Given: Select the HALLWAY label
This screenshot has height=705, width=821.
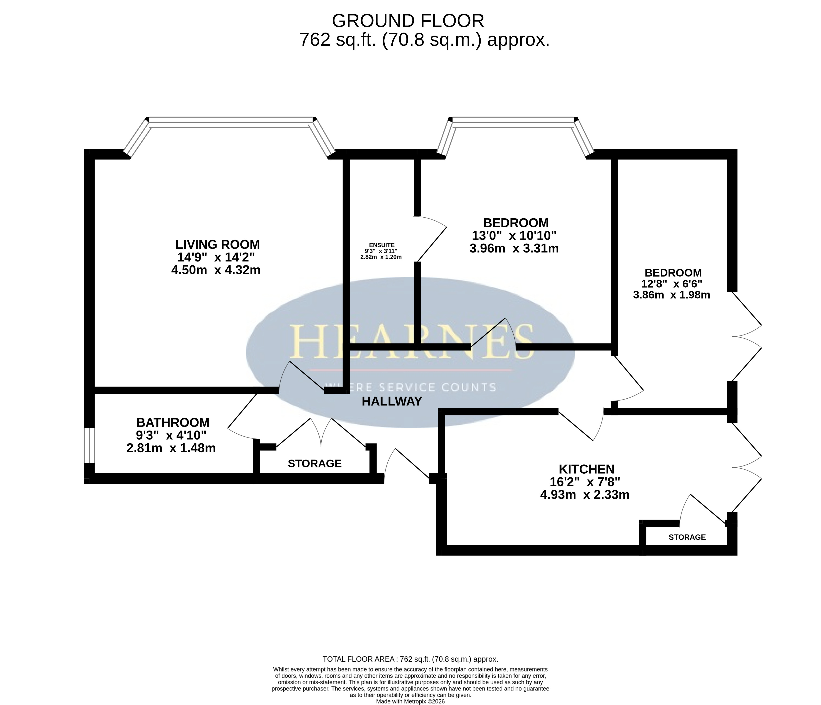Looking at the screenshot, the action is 392,402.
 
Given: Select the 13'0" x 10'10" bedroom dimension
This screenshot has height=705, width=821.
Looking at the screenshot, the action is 514,236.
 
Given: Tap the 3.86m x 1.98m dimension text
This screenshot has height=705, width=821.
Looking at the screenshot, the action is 672,295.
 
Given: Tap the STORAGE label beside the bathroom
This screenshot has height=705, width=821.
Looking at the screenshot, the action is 315,464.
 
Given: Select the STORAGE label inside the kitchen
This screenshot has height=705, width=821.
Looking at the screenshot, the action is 687,537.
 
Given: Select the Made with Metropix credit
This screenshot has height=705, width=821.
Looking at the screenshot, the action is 411,701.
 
